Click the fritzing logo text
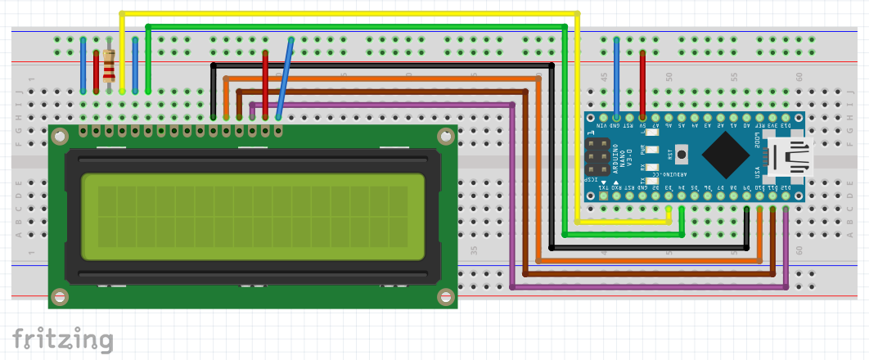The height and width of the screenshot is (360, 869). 62,339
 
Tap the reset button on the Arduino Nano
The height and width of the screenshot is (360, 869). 681,153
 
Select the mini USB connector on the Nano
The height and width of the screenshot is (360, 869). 786,156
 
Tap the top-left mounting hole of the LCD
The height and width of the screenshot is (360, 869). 59,137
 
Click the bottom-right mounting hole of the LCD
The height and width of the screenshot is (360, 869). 447,297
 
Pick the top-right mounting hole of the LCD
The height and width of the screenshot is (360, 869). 447,137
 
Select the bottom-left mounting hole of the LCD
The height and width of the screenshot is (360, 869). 59,297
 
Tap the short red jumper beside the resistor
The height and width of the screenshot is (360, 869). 97,72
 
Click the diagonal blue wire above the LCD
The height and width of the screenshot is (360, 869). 285,79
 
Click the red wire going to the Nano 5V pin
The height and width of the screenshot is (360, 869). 642,82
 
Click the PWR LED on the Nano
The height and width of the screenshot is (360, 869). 652,150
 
